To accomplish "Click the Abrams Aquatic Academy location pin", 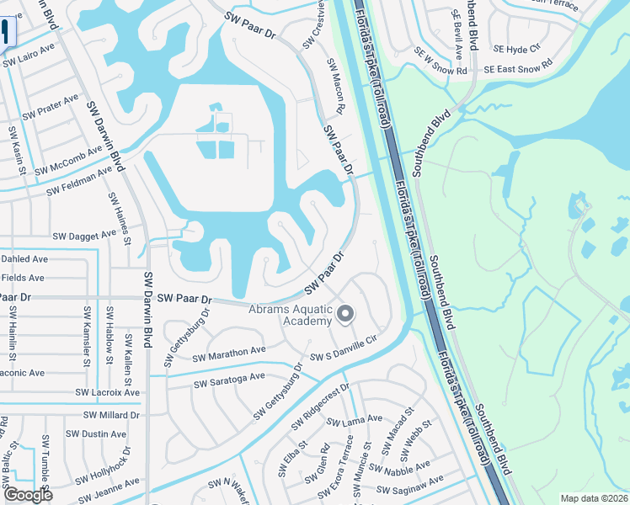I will point(344,315).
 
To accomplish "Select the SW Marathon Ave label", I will point(229,354).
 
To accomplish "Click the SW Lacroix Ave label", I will point(107,393).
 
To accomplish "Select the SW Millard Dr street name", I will point(111,415).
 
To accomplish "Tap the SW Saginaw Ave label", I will point(413,483).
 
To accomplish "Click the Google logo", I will point(28,494).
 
